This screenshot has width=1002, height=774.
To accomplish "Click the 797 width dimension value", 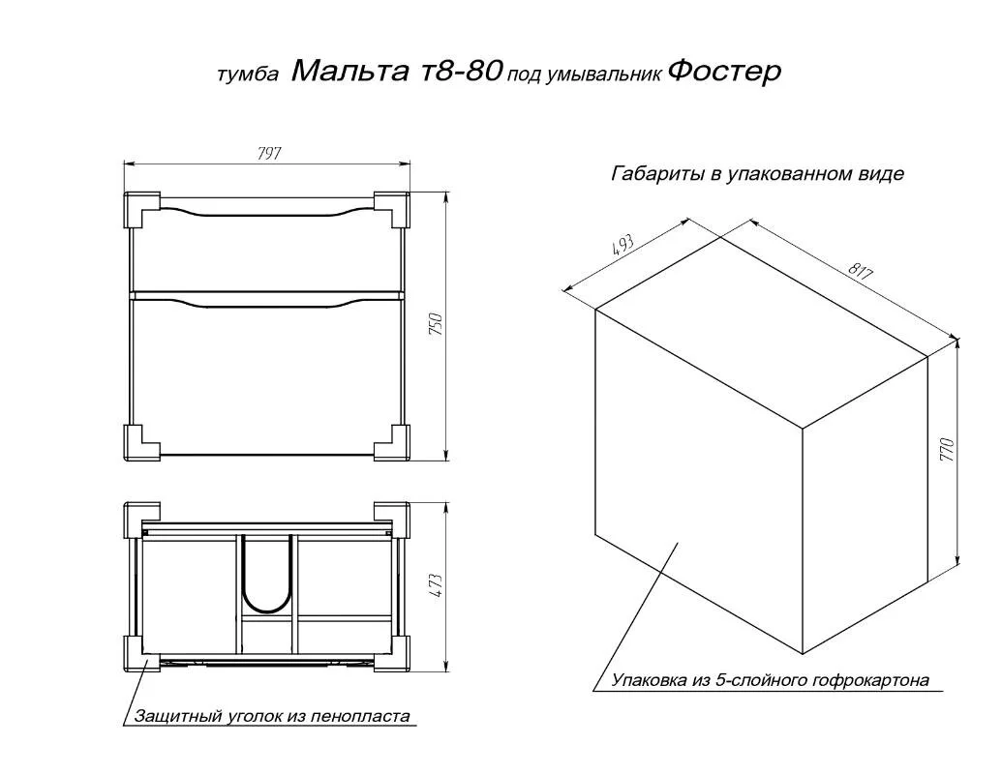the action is pos(269,153).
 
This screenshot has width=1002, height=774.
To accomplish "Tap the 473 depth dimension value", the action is pos(436,585).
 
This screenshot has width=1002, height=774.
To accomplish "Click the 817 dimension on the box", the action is pos(861,272).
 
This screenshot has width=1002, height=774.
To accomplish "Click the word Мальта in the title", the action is pos(349,71).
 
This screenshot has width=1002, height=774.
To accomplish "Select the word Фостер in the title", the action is pos(724,72).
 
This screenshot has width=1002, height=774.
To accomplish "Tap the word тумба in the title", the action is pos(248,74).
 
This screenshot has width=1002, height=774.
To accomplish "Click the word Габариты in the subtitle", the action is pos(658,174).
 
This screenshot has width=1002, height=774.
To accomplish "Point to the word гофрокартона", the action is pos(870,680).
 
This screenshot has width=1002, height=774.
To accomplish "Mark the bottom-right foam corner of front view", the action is pos(391,442).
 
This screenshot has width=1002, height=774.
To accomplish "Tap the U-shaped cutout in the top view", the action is pos(267,575).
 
